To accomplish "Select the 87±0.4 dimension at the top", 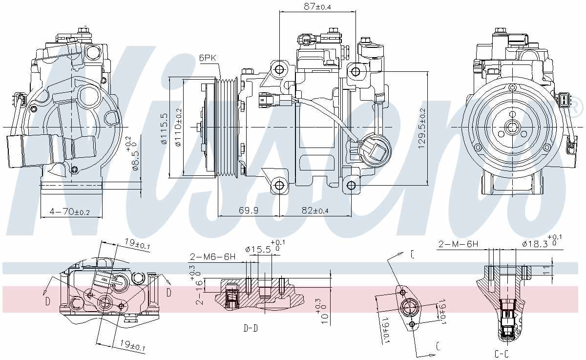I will tap(316, 6).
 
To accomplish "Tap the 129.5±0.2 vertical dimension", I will tap(422, 128).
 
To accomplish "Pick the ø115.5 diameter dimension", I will tap(165, 129).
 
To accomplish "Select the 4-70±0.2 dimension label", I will tap(69, 212).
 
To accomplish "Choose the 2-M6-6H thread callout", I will tap(213, 256).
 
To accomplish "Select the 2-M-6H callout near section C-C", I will tap(458, 244).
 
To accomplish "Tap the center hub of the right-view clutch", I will tap(512, 127).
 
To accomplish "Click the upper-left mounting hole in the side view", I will tap(279, 69).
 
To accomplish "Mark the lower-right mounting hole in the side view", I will tap(351, 185).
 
